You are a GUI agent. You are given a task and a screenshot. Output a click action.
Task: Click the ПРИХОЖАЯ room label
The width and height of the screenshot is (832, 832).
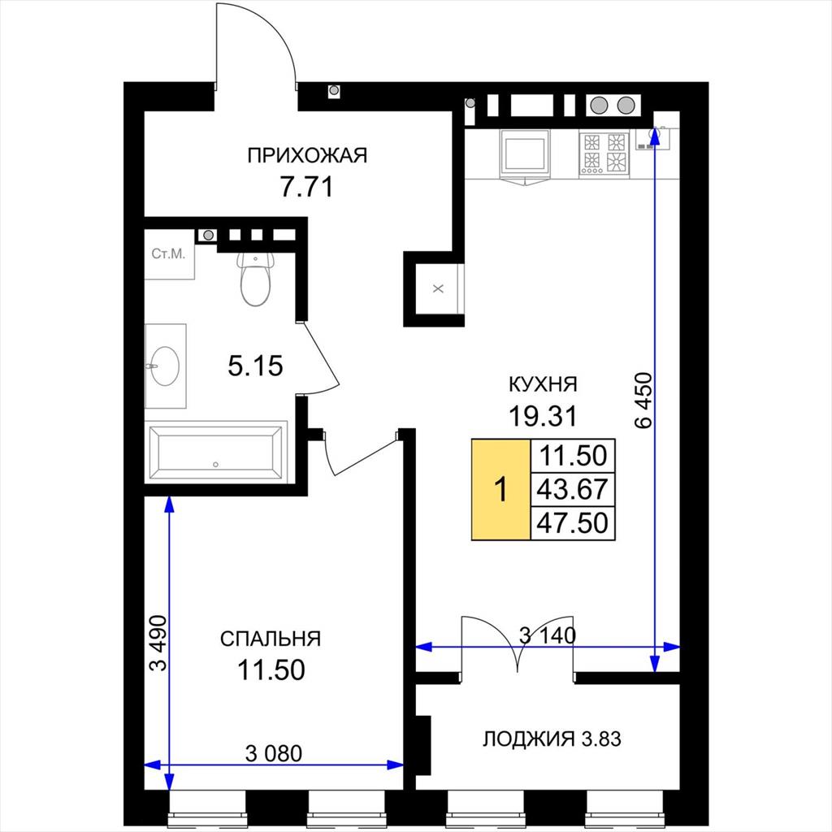307,155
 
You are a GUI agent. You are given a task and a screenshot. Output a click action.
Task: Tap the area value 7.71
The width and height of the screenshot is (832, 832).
306,187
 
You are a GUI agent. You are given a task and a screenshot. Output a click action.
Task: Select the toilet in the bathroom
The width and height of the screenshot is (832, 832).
256,279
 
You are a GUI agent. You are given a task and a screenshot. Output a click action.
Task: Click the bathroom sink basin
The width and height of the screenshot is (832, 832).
165,366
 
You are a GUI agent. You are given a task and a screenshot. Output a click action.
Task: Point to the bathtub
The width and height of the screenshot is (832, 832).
215,452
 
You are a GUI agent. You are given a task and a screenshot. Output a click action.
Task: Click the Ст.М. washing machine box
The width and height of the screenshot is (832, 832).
169,254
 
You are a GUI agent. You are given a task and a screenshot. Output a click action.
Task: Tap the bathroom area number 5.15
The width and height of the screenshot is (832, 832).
255,366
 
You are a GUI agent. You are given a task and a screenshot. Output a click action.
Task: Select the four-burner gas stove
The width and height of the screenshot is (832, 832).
604,154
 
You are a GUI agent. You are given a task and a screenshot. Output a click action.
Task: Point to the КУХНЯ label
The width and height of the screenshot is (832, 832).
543,384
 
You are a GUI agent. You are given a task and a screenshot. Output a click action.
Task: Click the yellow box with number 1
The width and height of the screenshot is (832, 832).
500,489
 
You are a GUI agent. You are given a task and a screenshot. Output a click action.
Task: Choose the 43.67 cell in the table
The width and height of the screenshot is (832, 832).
573,489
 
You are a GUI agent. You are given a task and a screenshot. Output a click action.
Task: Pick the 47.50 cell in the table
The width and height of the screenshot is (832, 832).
573,523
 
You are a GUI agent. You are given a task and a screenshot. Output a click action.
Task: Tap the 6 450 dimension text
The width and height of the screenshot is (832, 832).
643,400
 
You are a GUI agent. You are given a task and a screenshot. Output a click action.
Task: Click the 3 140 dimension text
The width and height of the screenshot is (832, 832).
548,635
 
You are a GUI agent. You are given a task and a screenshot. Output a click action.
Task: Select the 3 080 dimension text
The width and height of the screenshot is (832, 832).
274,753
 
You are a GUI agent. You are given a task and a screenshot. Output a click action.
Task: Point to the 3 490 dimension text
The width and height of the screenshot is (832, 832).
158,643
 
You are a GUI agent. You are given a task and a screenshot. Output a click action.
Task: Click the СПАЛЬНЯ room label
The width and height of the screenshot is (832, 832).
271,639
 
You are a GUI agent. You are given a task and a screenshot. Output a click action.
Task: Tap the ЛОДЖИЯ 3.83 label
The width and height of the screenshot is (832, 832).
552,739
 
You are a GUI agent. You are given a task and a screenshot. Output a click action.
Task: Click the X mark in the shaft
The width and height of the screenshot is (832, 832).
438,289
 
